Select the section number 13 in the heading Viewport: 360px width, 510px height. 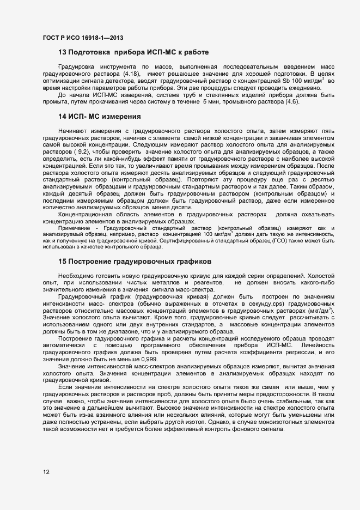pyautogui.click(x=62, y=52)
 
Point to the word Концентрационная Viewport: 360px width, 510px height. pyautogui.click(x=84, y=214)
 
